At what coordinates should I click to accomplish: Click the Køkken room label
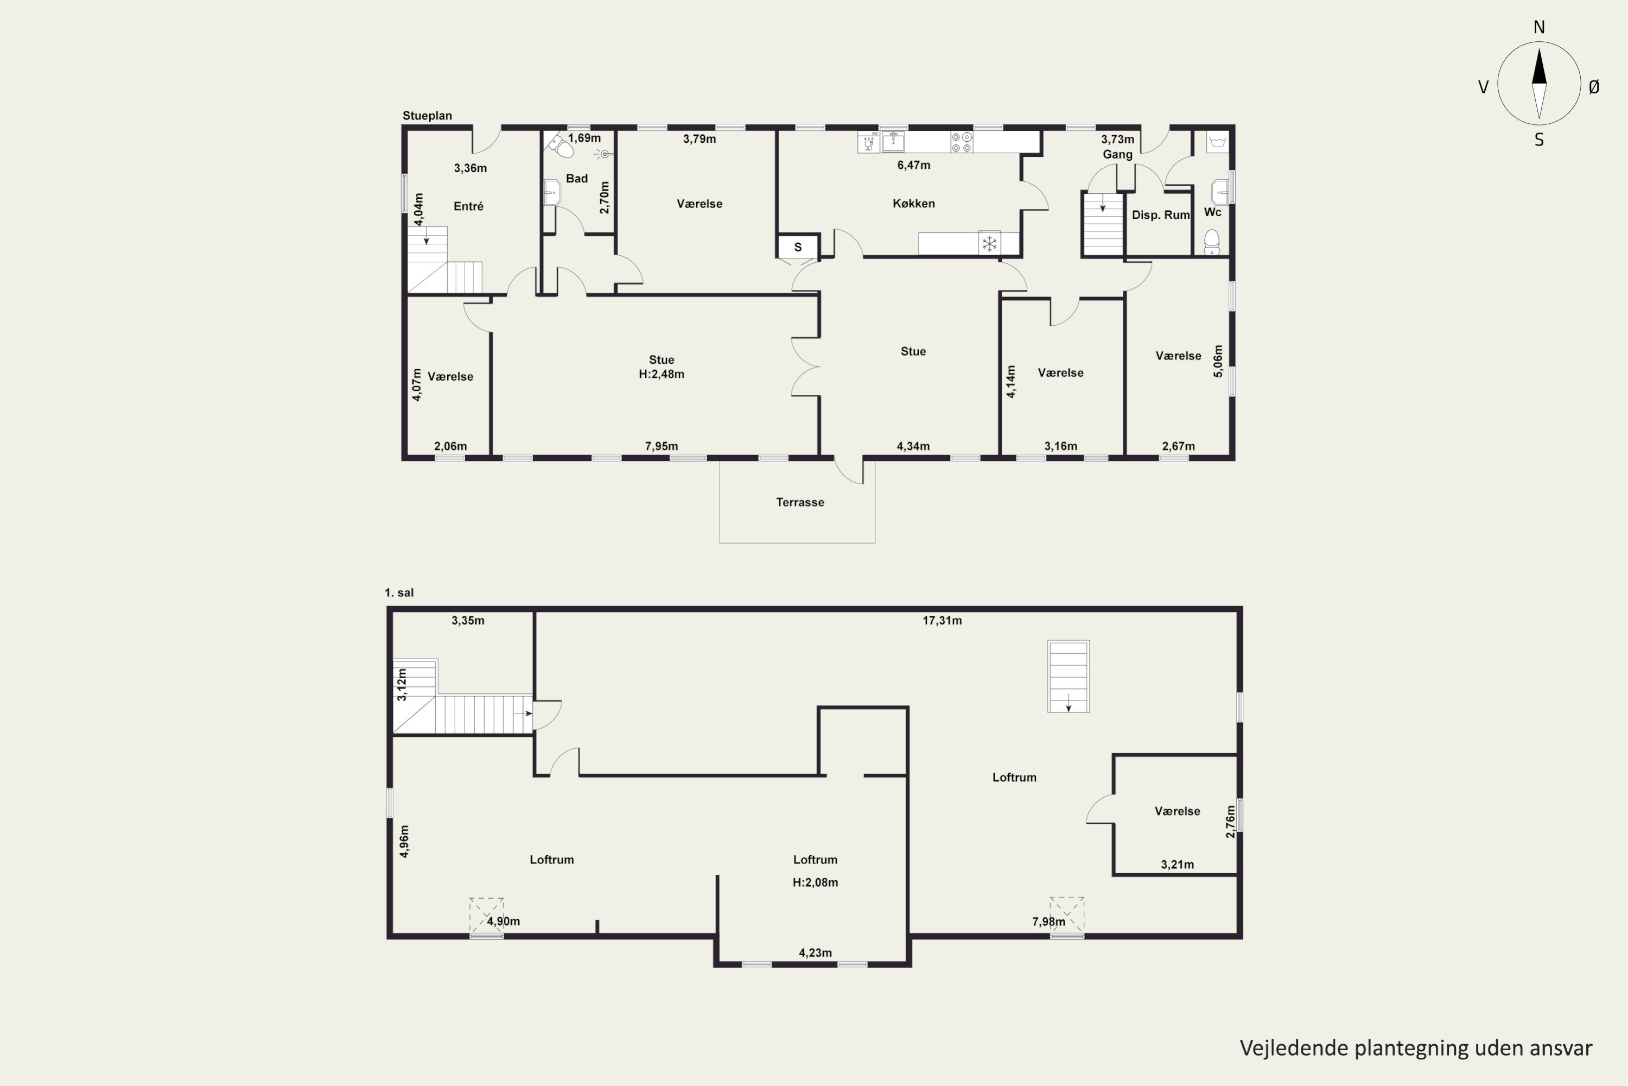pos(914,204)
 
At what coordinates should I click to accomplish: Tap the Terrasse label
pos(800,502)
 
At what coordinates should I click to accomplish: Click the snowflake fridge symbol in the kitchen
pos(990,244)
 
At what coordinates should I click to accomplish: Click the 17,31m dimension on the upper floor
pos(942,621)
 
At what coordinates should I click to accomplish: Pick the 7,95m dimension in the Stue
pos(662,446)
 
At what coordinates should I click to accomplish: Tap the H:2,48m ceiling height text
pos(662,374)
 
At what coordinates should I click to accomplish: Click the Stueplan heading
pos(427,116)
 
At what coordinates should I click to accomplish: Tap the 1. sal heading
pos(399,593)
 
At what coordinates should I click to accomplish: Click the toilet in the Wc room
pos(1211,242)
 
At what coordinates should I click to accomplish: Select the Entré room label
pos(469,206)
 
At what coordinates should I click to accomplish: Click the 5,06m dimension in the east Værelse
pos(1218,361)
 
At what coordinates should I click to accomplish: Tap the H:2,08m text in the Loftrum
pos(816,882)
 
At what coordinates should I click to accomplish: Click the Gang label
pos(1118,154)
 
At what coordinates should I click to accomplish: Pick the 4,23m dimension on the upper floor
pos(816,953)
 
